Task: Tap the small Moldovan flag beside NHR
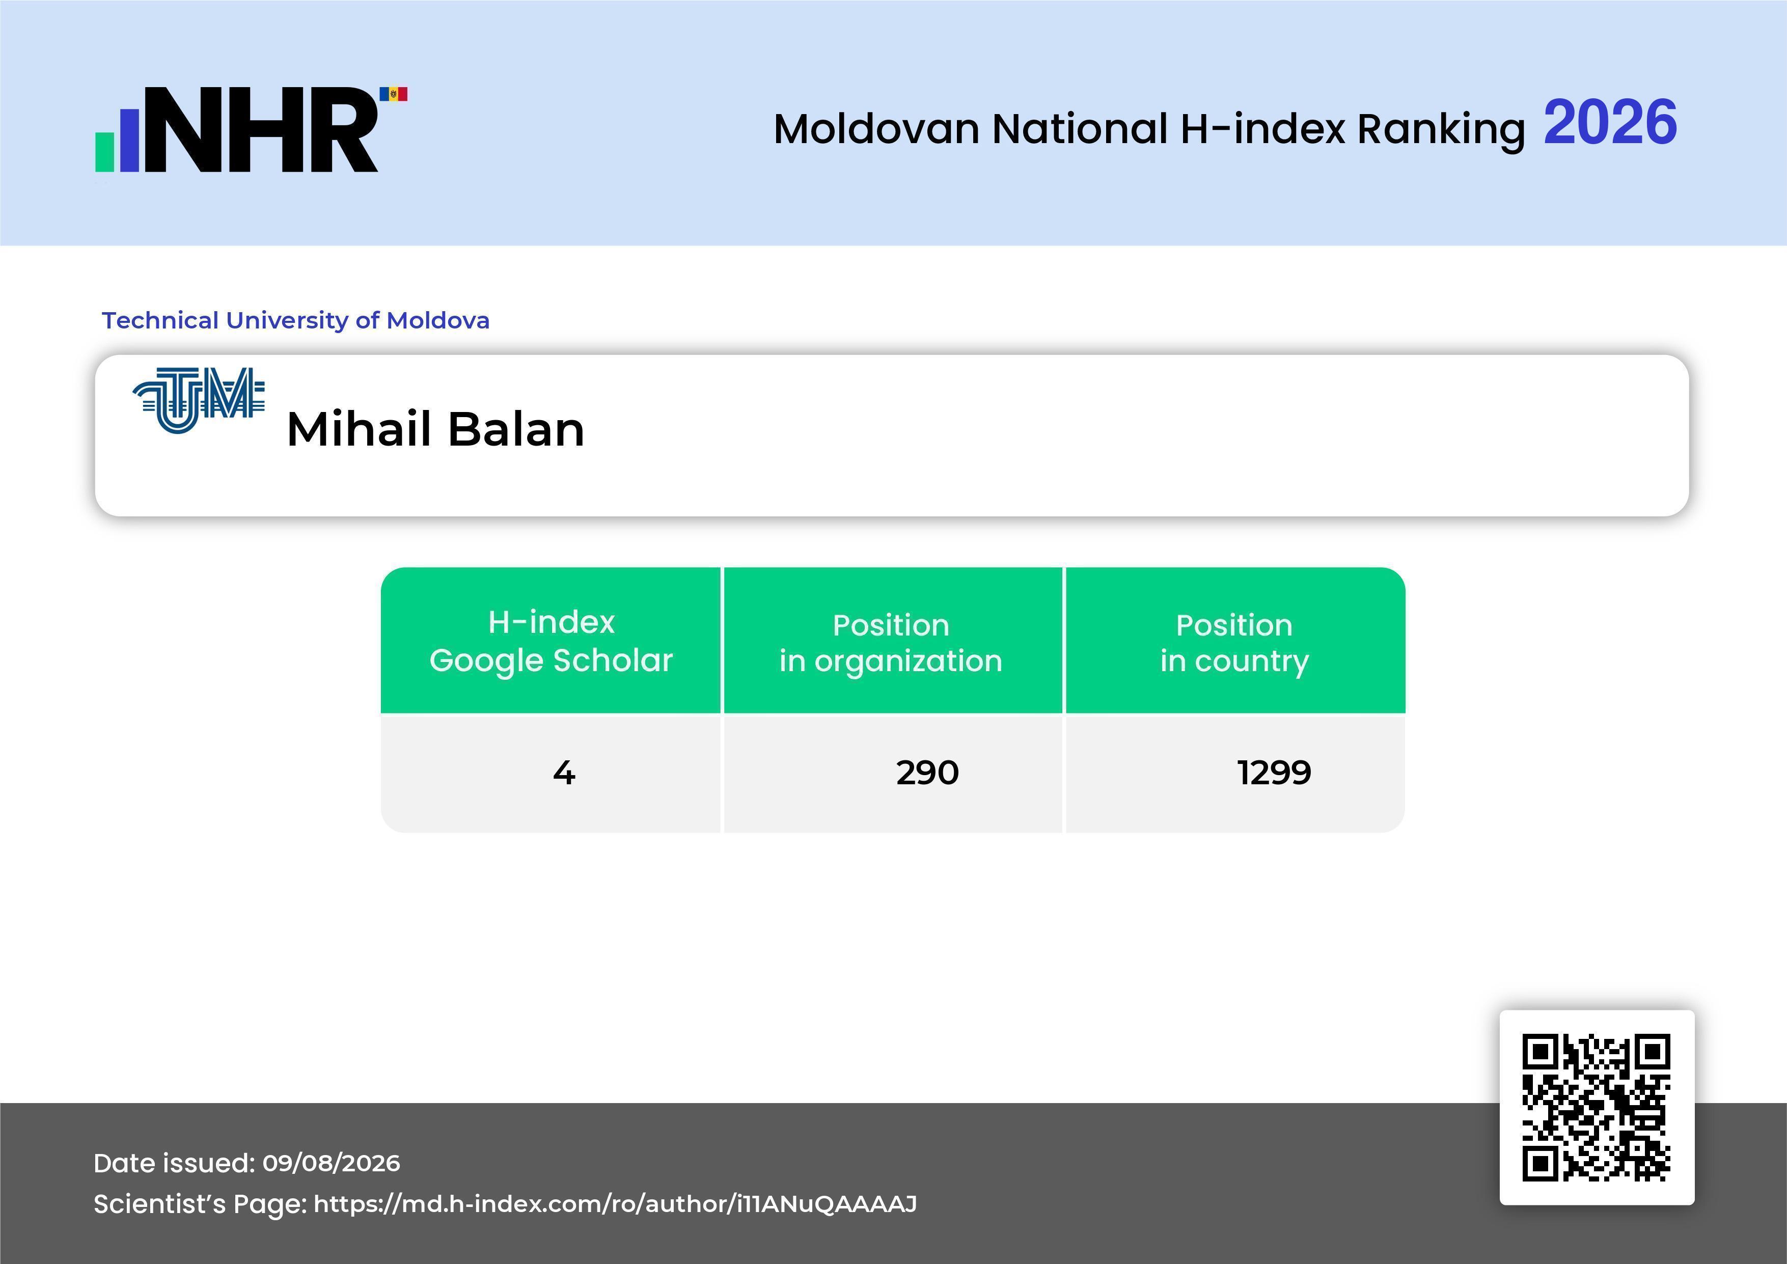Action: (x=393, y=94)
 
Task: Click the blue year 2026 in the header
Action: (x=1610, y=122)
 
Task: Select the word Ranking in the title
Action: (x=1441, y=129)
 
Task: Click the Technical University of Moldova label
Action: (x=296, y=320)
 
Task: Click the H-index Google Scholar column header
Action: (x=551, y=641)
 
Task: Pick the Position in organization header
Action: (x=891, y=642)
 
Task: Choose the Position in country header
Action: (x=1234, y=642)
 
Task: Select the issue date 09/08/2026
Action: (x=332, y=1163)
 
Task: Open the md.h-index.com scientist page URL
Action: (x=615, y=1204)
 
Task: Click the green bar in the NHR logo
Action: (x=104, y=152)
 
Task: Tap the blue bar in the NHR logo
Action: (x=129, y=140)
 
